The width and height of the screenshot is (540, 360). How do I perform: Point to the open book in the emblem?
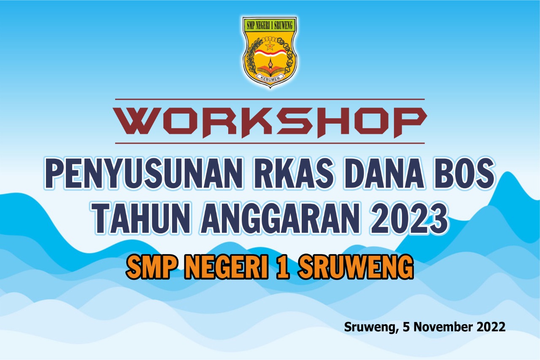pyautogui.click(x=270, y=70)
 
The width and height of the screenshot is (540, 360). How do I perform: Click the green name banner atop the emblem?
pyautogui.click(x=270, y=25)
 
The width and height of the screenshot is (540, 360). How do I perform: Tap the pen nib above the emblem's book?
pyautogui.click(x=270, y=63)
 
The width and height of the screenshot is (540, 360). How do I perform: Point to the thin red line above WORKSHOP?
pyautogui.click(x=270, y=99)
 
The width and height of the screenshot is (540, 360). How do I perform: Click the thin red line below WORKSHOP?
pyautogui.click(x=270, y=143)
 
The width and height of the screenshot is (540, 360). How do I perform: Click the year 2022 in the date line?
pyautogui.click(x=491, y=327)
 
